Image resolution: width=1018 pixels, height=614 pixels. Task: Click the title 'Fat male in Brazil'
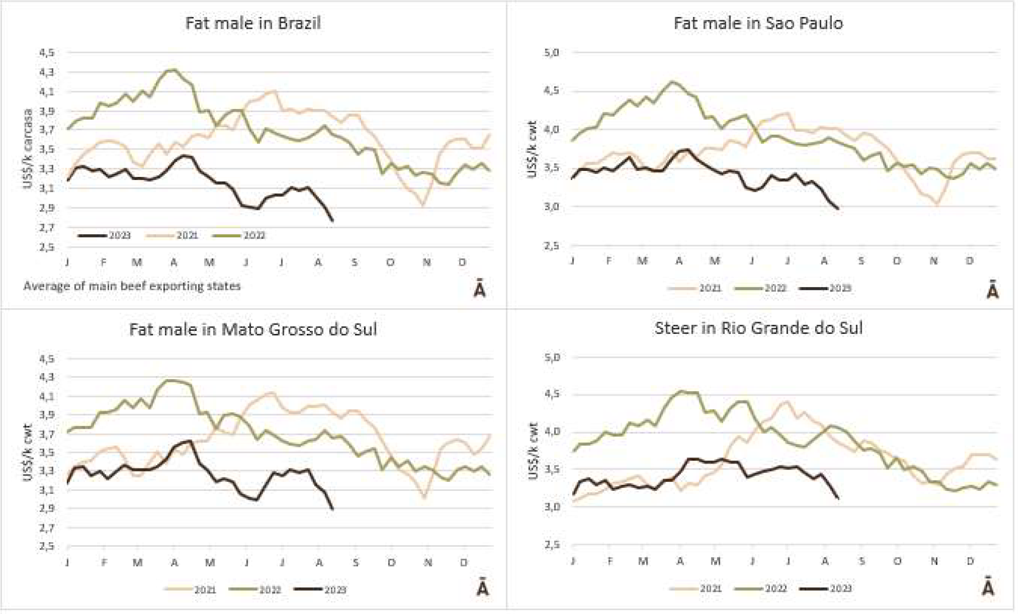(x=253, y=23)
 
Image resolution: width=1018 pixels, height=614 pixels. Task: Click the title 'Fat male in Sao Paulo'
(x=758, y=23)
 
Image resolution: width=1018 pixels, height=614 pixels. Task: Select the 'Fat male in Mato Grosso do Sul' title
(x=253, y=329)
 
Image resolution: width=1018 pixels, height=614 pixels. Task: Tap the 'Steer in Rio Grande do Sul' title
(x=758, y=328)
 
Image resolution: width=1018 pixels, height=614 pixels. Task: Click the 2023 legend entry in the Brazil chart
(x=105, y=235)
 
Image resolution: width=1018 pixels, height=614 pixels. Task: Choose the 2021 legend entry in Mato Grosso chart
(x=191, y=590)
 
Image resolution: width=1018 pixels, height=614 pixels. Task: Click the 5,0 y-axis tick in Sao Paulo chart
(x=552, y=52)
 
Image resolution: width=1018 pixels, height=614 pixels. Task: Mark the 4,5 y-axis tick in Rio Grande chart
(x=552, y=394)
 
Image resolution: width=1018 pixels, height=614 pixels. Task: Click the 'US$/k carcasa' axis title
(x=28, y=149)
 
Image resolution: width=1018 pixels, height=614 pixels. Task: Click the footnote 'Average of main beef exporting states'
(x=132, y=287)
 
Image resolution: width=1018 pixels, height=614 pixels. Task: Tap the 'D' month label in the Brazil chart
(x=462, y=262)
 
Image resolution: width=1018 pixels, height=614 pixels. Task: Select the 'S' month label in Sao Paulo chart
(x=861, y=261)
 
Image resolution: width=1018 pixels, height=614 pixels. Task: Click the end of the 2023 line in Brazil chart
(x=333, y=220)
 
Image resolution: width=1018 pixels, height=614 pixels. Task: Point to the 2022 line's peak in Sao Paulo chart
(x=672, y=82)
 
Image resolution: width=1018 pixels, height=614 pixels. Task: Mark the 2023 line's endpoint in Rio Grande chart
(x=838, y=498)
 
